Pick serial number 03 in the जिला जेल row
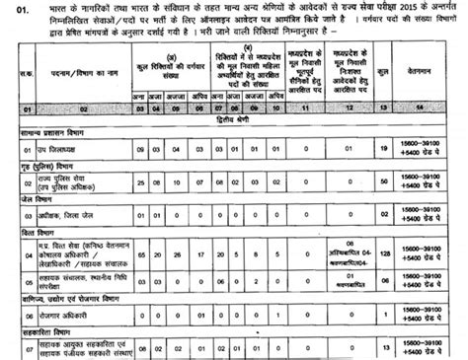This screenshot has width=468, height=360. point(14,240)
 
